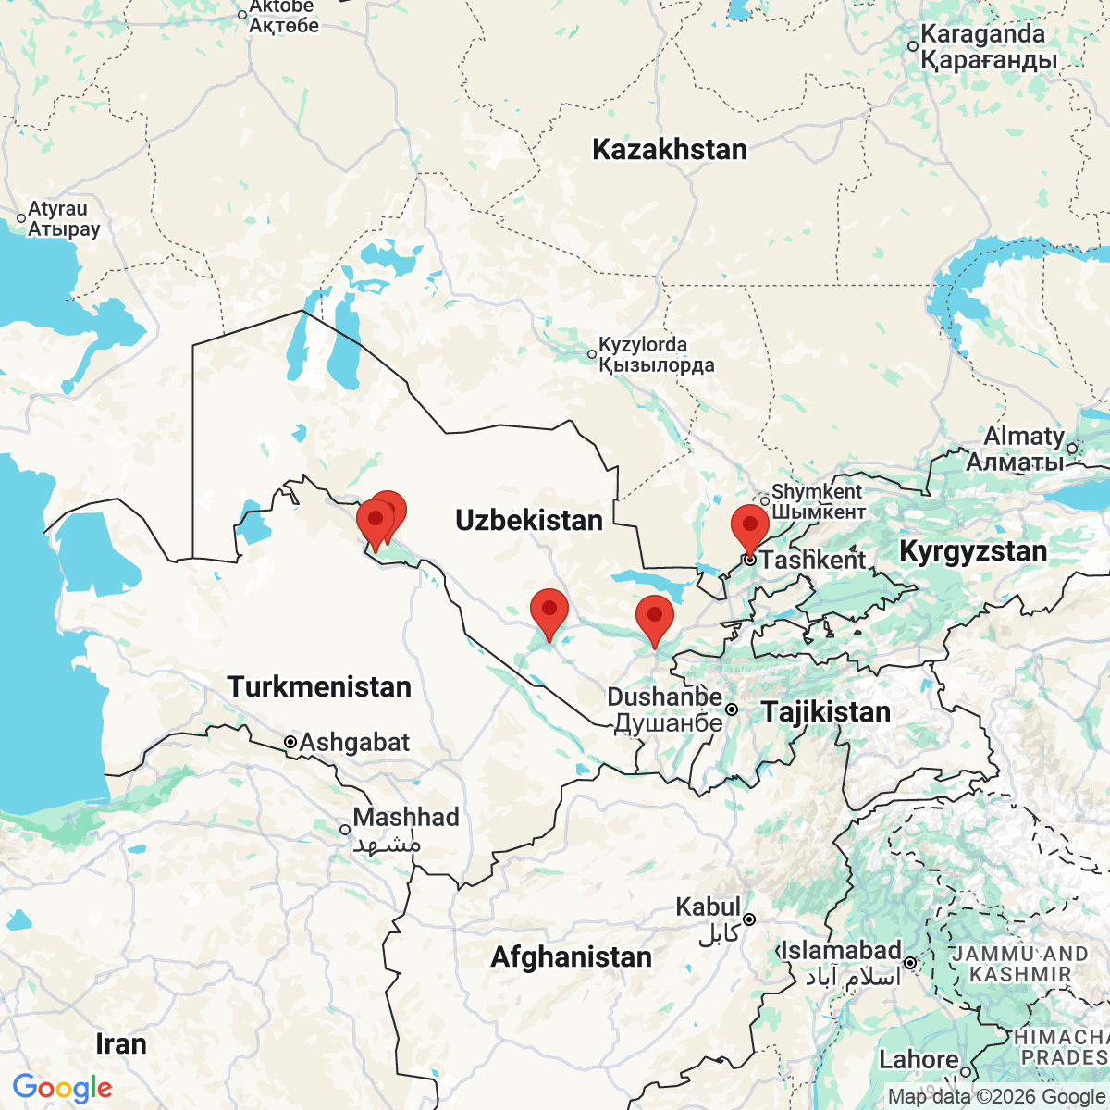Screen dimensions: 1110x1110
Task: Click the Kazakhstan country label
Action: point(669,150)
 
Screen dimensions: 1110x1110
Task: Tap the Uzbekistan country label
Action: point(529,521)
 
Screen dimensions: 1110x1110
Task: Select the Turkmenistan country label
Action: point(319,687)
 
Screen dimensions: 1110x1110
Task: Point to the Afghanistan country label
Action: point(571,957)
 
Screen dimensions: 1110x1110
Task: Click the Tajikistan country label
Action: point(826,712)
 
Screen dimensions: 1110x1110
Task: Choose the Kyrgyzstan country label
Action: point(973,552)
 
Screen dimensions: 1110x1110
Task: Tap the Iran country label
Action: point(121,1045)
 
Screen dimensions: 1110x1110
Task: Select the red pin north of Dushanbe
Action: point(655,619)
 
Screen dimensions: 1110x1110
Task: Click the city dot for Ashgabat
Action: point(290,742)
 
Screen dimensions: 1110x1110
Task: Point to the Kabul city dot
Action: point(749,919)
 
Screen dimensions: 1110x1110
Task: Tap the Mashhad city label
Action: point(406,818)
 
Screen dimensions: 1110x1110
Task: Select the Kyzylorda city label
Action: point(643,345)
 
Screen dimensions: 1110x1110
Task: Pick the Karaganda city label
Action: point(982,35)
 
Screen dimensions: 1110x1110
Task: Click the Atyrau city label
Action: point(57,210)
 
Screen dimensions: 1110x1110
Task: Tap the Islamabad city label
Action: point(842,951)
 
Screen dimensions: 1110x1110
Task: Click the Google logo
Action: point(62,1089)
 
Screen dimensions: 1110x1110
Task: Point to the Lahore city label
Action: point(919,1059)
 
